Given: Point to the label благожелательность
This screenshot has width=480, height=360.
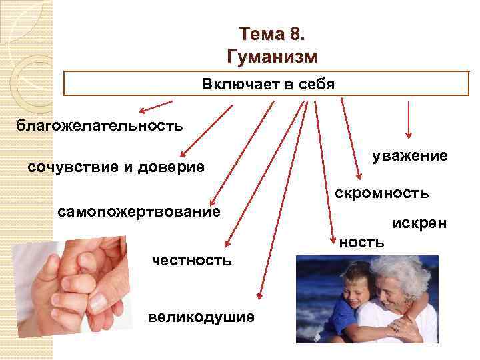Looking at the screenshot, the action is point(99,125).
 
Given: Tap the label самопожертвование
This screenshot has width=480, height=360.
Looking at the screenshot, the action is point(139,212).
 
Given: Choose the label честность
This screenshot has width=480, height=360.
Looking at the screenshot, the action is point(192,260).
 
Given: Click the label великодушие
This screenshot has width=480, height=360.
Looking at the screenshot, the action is point(201,316).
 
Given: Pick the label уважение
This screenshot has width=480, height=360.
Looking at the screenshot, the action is point(409,155).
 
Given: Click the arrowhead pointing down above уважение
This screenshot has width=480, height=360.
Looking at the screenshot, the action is point(409,136).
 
